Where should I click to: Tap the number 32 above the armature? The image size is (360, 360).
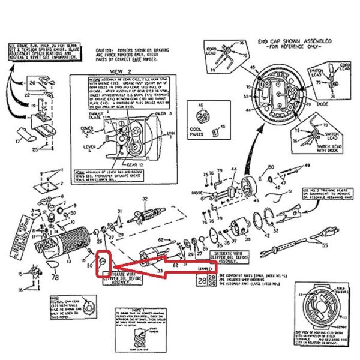click(x=145, y=199)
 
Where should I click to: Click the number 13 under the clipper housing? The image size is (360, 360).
click(x=69, y=262)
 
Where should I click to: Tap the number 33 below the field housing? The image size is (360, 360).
click(x=160, y=271)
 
